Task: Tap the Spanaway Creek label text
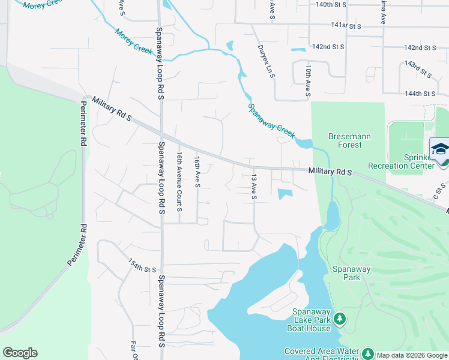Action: [x=271, y=121]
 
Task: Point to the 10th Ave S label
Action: [x=307, y=82]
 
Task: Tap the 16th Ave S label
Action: [x=196, y=172]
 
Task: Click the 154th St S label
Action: [x=142, y=265]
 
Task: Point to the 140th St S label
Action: [x=331, y=4]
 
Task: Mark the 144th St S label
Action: [x=419, y=94]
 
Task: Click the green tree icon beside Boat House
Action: [x=340, y=319]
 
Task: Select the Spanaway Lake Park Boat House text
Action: [x=311, y=320]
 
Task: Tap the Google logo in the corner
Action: [x=20, y=353]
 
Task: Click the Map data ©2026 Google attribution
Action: [x=412, y=355]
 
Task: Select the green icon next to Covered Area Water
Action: [x=367, y=354]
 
